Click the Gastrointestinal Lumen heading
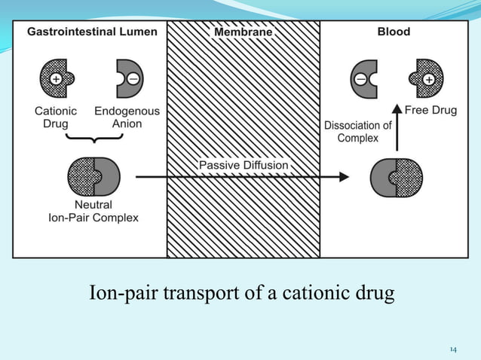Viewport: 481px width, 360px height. (93, 32)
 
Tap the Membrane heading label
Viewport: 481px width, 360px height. (243, 32)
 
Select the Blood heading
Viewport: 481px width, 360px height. (394, 32)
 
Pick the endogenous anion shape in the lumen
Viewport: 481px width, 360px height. (127, 78)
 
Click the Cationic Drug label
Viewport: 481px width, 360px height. (56, 117)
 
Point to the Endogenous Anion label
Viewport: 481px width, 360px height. (127, 117)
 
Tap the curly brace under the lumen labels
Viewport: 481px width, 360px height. (91, 140)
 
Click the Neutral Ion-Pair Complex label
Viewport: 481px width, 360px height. (93, 211)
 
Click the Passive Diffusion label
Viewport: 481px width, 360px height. (243, 164)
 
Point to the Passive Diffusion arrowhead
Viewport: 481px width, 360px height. (345, 177)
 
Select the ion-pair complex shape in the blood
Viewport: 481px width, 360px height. (397, 178)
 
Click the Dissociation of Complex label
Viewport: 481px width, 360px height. (357, 132)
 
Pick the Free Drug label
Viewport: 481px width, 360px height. (430, 110)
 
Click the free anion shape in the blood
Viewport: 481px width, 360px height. (364, 78)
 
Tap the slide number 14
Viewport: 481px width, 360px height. (453, 349)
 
